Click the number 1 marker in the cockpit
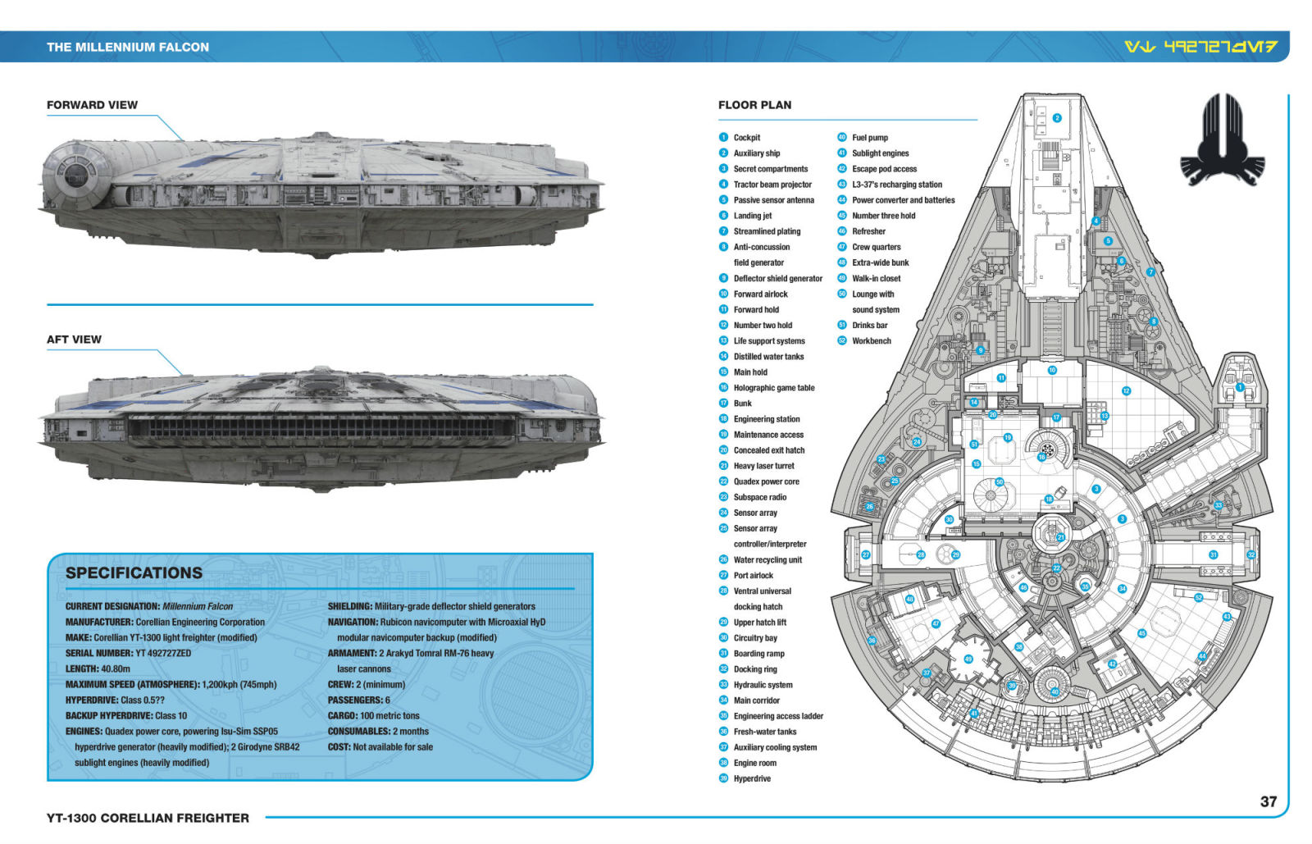[x=1240, y=386]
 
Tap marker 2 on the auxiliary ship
[x=1057, y=118]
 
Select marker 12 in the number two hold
[x=1126, y=391]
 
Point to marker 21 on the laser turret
[x=1060, y=537]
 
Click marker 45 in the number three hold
[x=1141, y=633]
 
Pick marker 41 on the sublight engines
[x=974, y=714]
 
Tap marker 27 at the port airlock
[x=866, y=555]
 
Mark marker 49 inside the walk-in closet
[x=968, y=659]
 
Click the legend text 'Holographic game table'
[x=773, y=388]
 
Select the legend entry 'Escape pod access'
[x=884, y=169]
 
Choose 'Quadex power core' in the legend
[x=766, y=481]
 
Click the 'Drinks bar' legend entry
[x=869, y=326]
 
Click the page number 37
[x=1268, y=801]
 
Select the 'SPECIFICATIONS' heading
[x=134, y=573]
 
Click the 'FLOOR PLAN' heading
[x=754, y=105]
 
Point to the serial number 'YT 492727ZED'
[x=162, y=654]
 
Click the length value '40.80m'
[x=115, y=669]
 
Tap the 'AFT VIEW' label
[x=74, y=340]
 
